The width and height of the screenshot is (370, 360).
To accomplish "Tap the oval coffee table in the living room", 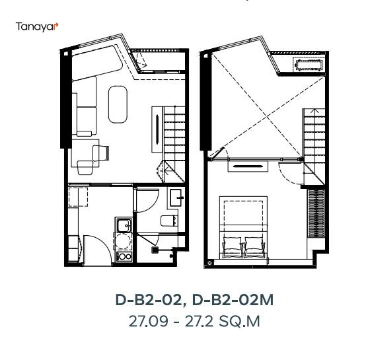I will pos(119,104).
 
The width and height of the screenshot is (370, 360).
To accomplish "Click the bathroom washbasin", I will pos(177,196).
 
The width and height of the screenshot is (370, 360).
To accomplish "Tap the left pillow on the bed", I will pos(235,248).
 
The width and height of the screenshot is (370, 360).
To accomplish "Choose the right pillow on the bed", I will pos(254,248).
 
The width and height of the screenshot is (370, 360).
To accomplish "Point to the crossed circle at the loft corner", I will pos(210,263).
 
